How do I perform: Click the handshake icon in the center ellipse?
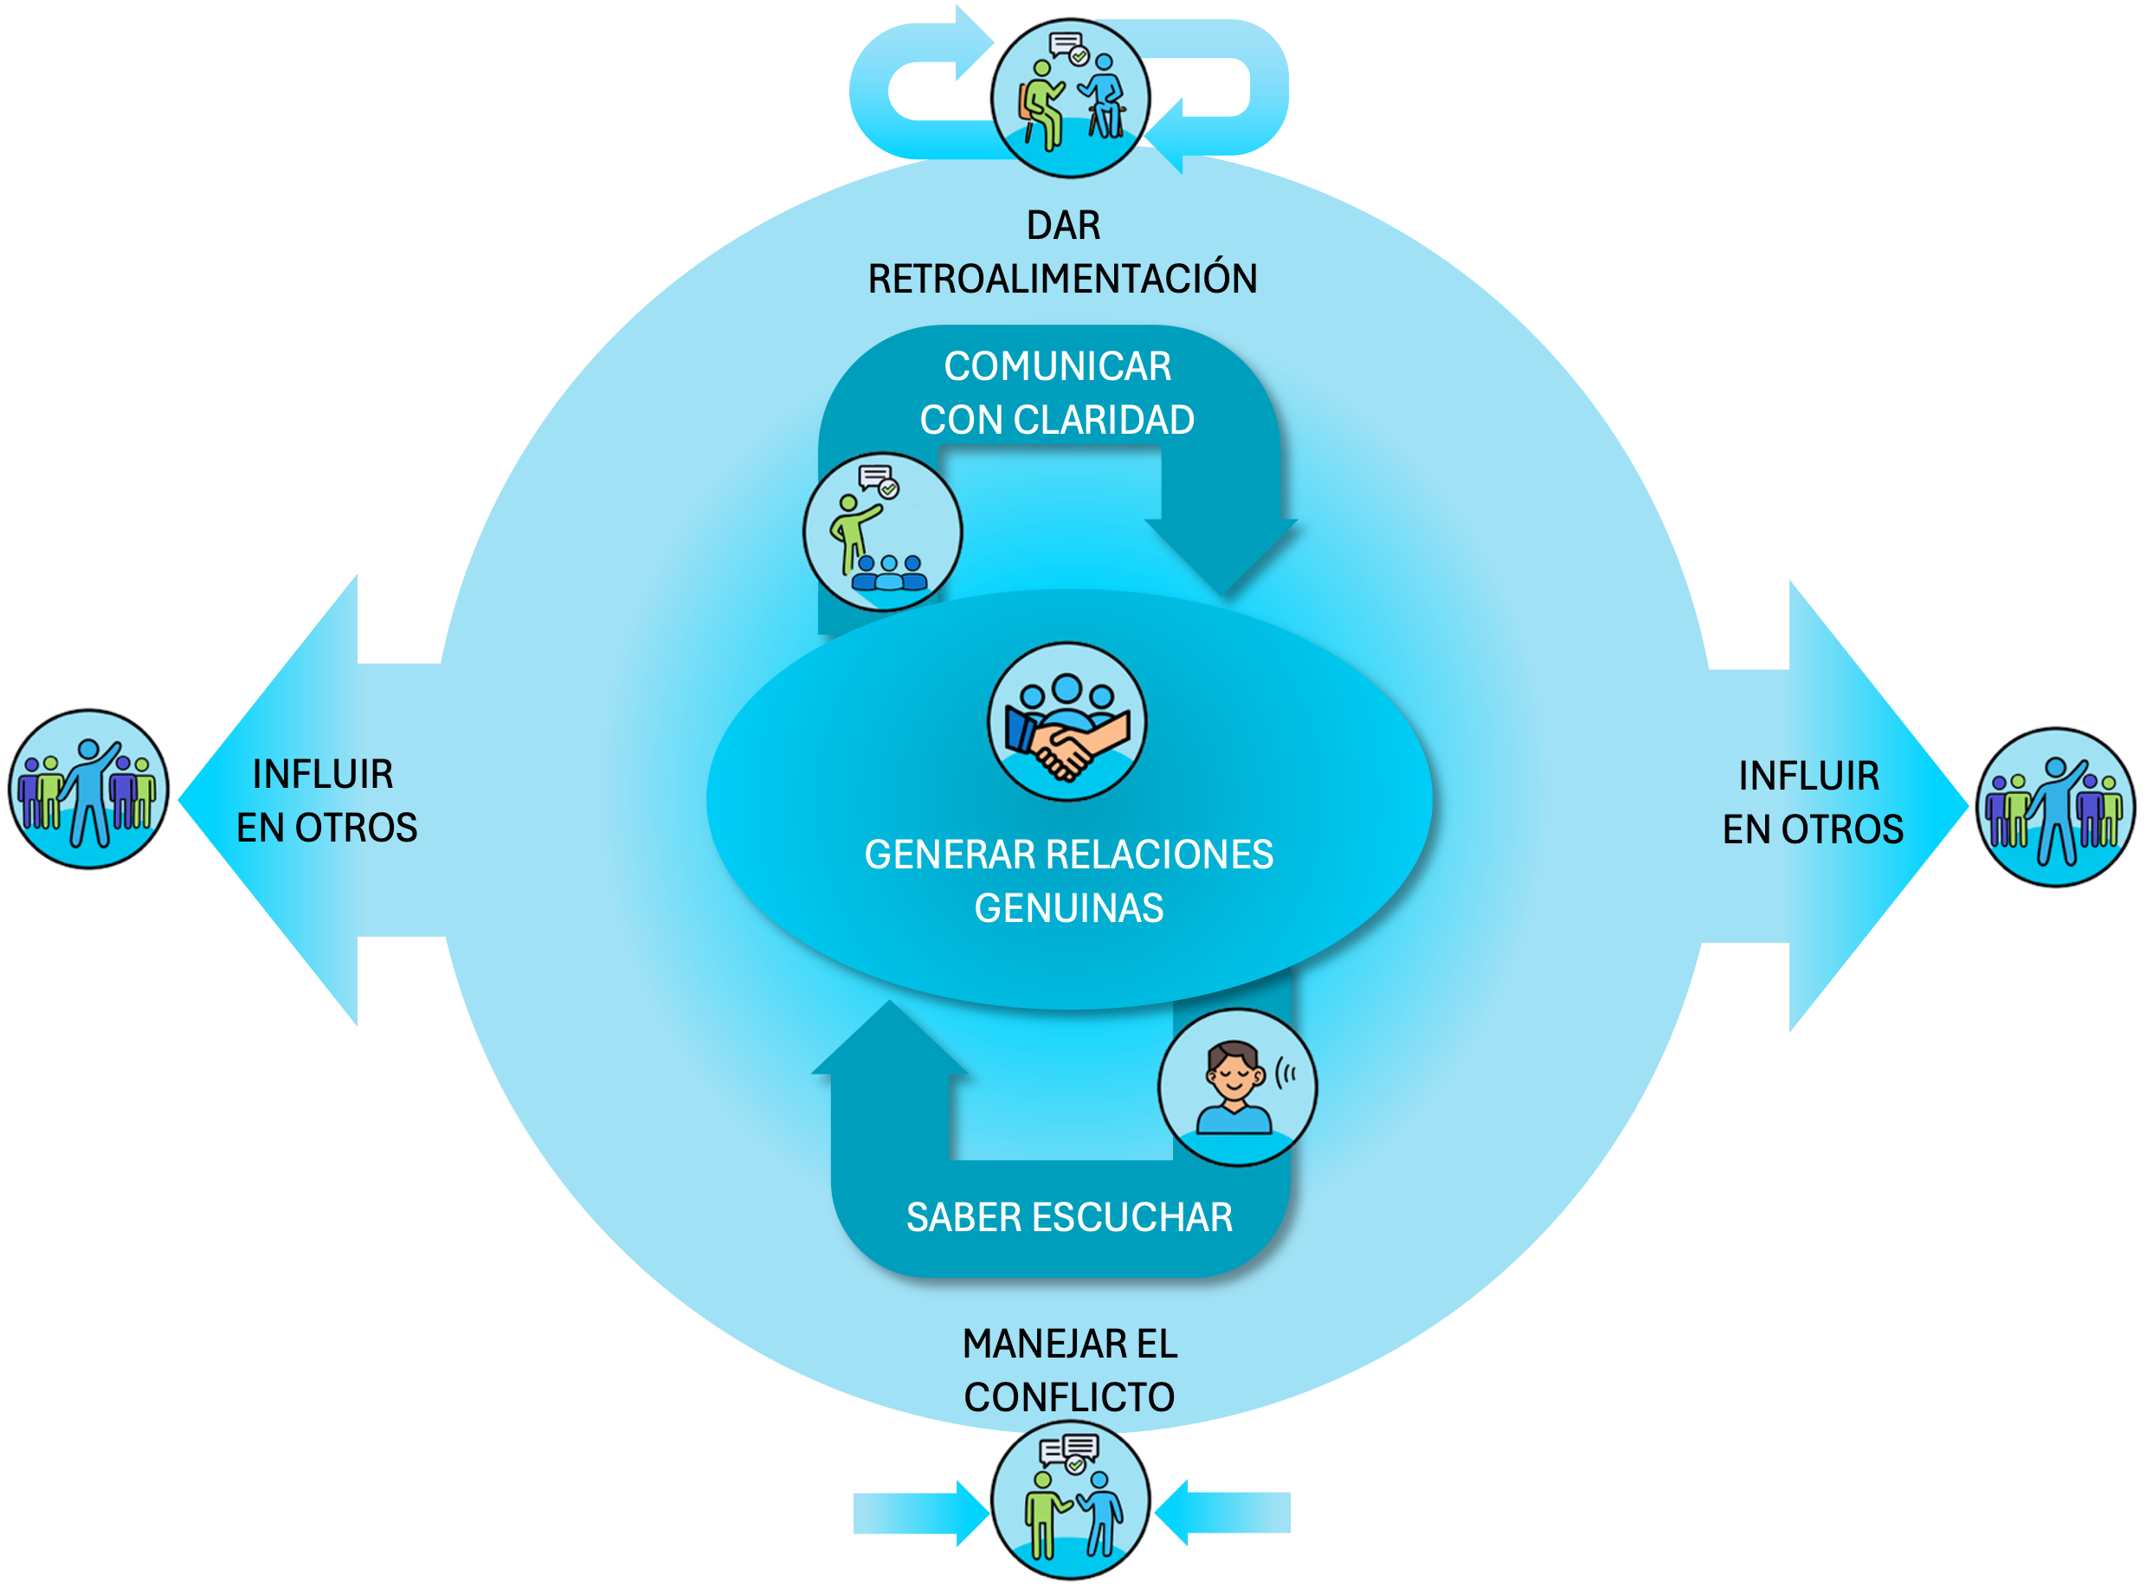(x=1067, y=721)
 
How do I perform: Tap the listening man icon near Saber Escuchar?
(x=1237, y=1087)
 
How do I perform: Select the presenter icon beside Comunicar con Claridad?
(x=882, y=532)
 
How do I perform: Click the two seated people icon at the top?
(x=1071, y=95)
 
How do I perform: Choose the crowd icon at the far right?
(x=2056, y=807)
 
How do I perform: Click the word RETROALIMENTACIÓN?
(x=1062, y=280)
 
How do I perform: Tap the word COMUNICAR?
(x=1058, y=366)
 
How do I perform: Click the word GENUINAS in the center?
(x=1068, y=908)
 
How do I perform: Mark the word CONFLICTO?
(x=1069, y=1397)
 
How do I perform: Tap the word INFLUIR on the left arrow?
(x=323, y=774)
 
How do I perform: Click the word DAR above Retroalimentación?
(x=1063, y=226)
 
